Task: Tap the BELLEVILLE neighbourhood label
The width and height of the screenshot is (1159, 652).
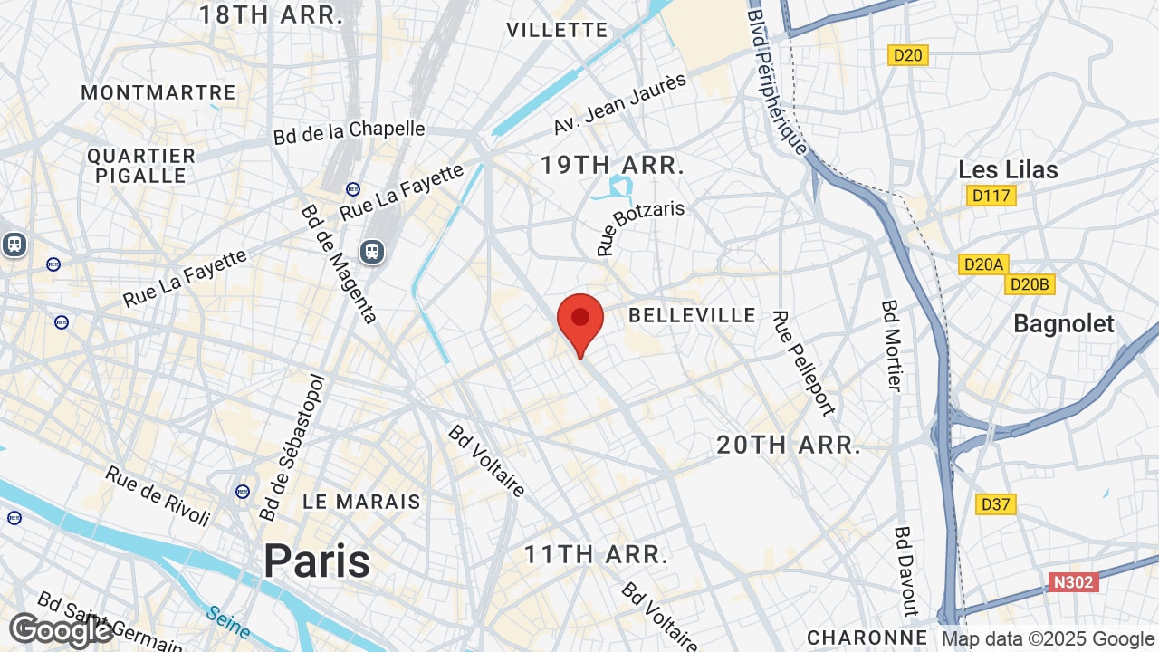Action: [692, 315]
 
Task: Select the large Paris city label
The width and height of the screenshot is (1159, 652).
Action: [317, 561]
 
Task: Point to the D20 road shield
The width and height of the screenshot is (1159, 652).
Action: [907, 55]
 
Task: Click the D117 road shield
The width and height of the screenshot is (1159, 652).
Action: [991, 195]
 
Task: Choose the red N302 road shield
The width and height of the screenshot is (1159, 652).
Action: [1074, 581]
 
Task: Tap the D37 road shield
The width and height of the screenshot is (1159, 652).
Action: [996, 504]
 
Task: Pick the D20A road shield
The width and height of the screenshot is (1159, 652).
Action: [983, 264]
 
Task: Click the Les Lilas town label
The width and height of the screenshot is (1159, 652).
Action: [1008, 169]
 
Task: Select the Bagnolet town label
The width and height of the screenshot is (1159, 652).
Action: [1064, 323]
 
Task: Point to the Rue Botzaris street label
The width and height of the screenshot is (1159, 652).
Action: [640, 227]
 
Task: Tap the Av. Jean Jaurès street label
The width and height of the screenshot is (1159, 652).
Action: [620, 104]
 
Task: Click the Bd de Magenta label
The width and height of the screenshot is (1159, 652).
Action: [338, 264]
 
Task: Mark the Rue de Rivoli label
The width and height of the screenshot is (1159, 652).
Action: [158, 494]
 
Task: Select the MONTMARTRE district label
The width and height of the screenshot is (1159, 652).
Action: [158, 92]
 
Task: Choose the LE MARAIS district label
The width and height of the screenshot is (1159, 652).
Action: [361, 502]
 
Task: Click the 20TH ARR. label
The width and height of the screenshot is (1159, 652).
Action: [788, 445]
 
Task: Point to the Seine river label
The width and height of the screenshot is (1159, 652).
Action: [227, 620]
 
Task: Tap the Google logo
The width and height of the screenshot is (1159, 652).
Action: [61, 630]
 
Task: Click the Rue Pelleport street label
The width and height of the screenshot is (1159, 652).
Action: [802, 362]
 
